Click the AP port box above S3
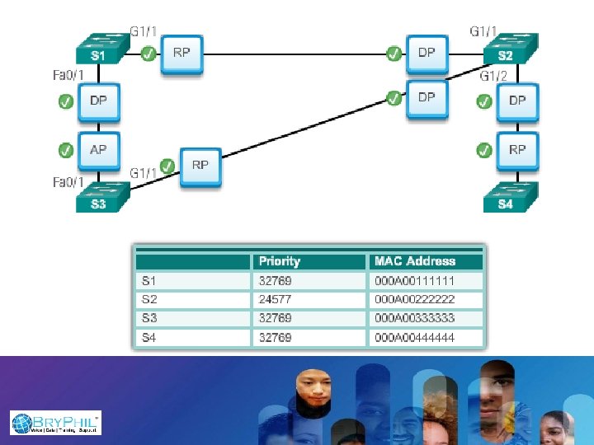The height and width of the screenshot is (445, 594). click(x=98, y=150)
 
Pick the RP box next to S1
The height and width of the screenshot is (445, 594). click(x=181, y=53)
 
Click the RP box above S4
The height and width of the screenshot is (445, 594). click(x=517, y=150)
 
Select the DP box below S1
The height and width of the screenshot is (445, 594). click(x=98, y=102)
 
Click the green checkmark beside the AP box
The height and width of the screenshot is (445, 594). click(x=66, y=150)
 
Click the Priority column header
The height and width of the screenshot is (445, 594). click(x=280, y=261)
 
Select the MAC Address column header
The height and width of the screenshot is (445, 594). click(x=415, y=261)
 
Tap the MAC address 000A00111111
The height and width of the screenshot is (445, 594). click(x=415, y=281)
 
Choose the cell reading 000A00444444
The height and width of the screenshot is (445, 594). click(x=415, y=337)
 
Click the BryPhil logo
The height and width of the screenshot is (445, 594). click(x=55, y=423)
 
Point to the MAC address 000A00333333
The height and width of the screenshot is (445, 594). click(x=415, y=318)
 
